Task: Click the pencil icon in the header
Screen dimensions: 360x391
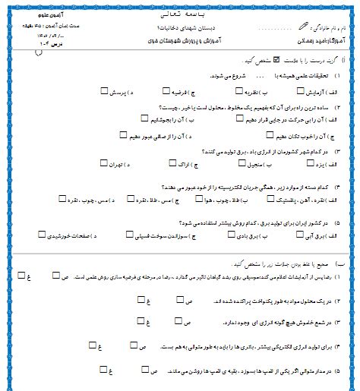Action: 305,24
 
